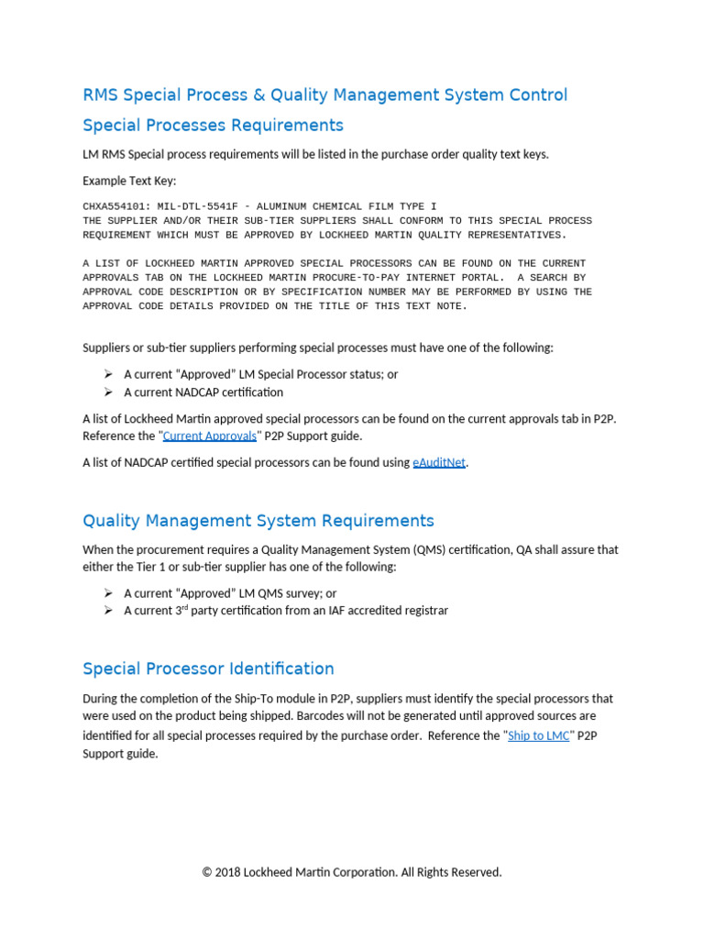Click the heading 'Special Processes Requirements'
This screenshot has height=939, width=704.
(213, 125)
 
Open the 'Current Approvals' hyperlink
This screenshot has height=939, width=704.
(209, 436)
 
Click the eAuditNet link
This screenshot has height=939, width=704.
(439, 462)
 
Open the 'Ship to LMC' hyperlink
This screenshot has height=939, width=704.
(538, 735)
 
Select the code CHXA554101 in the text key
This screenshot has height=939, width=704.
(116, 206)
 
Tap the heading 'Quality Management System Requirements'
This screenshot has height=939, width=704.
(258, 521)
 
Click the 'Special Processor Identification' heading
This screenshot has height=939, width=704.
(208, 668)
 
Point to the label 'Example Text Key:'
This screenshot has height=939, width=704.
(129, 181)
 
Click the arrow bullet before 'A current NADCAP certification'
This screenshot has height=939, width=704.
(107, 392)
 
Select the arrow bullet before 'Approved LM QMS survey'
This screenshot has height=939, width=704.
(107, 593)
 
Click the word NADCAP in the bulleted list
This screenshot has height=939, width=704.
(196, 392)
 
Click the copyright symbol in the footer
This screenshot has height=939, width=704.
(207, 872)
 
